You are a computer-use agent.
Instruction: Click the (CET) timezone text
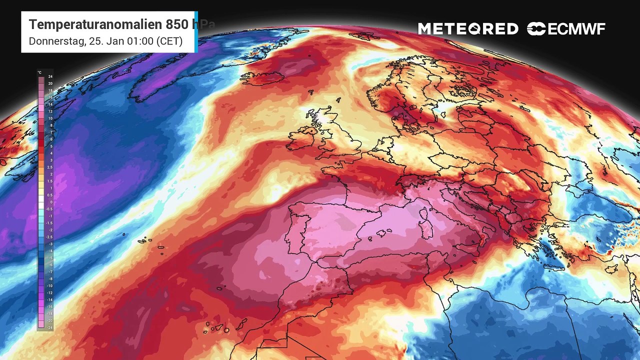(169, 41)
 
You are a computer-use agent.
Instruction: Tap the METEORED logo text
(468, 29)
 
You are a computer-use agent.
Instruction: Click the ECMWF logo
(566, 29)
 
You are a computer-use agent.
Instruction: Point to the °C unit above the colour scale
(40, 72)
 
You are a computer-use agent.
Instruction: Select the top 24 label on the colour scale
(50, 76)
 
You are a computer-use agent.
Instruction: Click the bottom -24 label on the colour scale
(49, 327)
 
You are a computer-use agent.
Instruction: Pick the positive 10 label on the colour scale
(50, 118)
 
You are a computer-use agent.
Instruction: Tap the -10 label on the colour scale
(49, 285)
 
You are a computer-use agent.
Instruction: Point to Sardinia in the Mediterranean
(426, 227)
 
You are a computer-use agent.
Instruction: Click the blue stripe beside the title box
(196, 32)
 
